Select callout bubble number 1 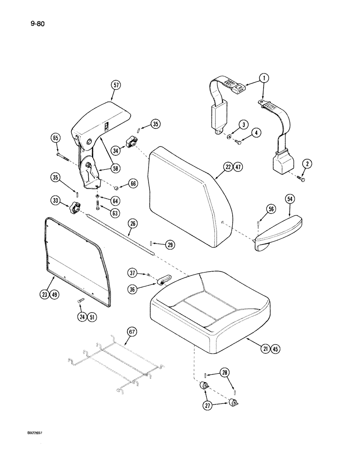(x=264, y=79)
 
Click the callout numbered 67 (x=131, y=332)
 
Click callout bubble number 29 (x=170, y=244)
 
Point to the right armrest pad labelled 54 (x=277, y=231)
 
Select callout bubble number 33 (x=56, y=201)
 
